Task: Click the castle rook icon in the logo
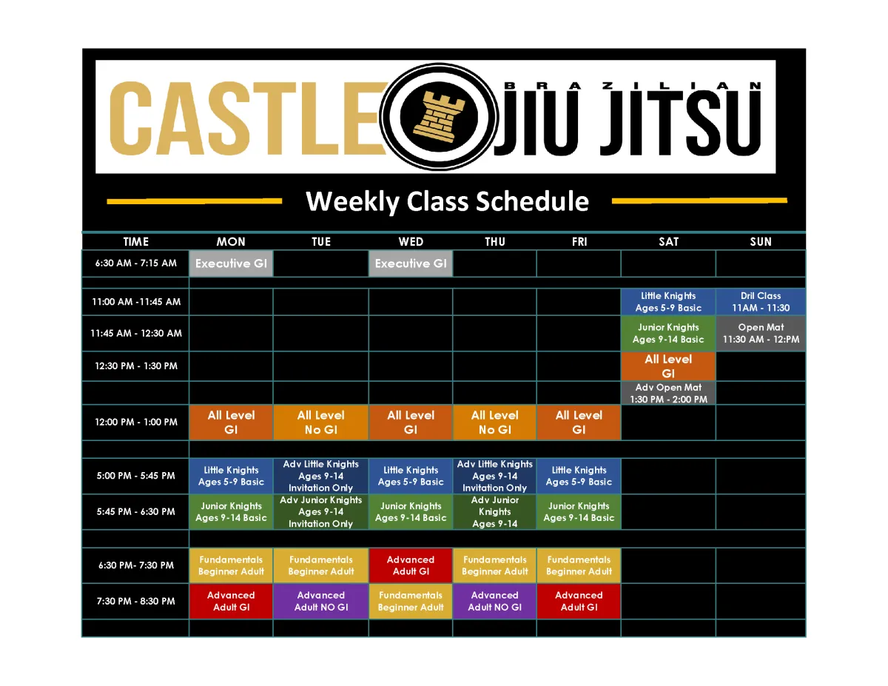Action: [x=439, y=117]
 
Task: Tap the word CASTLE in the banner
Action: [x=248, y=118]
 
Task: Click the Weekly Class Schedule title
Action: [x=447, y=201]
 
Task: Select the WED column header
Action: [x=411, y=241]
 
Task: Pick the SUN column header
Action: [x=761, y=241]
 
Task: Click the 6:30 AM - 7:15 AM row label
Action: [x=135, y=263]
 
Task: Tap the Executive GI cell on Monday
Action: [x=231, y=263]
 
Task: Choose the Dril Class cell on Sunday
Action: [x=761, y=302]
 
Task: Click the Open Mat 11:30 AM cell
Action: [x=761, y=334]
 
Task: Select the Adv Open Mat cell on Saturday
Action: [x=668, y=393]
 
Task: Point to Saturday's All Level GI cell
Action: [x=668, y=366]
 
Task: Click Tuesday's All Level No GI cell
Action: [x=321, y=423]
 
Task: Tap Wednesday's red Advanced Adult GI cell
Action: [x=411, y=565]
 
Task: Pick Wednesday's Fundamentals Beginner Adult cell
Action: [x=411, y=601]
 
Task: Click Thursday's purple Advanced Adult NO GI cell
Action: [x=494, y=601]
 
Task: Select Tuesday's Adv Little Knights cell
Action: [x=321, y=476]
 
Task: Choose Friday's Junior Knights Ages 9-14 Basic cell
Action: [x=579, y=512]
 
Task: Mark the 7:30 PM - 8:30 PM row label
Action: [x=135, y=601]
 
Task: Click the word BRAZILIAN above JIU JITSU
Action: [x=632, y=86]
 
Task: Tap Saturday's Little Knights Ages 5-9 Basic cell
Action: [x=668, y=302]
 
